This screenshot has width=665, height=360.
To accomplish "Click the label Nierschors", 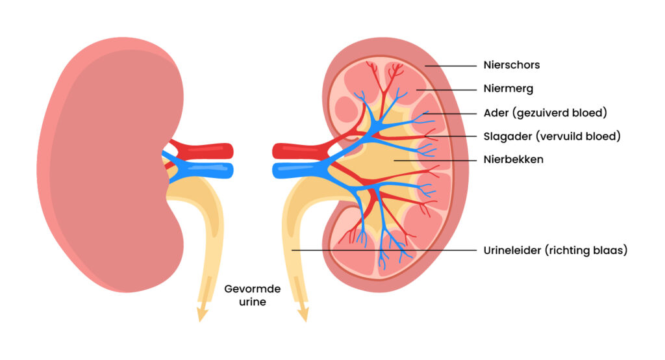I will point(511,65).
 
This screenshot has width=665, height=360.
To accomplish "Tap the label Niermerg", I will point(508,89).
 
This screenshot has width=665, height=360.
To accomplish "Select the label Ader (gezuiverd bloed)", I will point(545,112).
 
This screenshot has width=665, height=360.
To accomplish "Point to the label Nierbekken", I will point(513,159).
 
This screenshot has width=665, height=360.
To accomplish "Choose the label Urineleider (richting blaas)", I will point(555,250).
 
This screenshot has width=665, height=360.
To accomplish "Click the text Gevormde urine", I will point(249,296).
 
